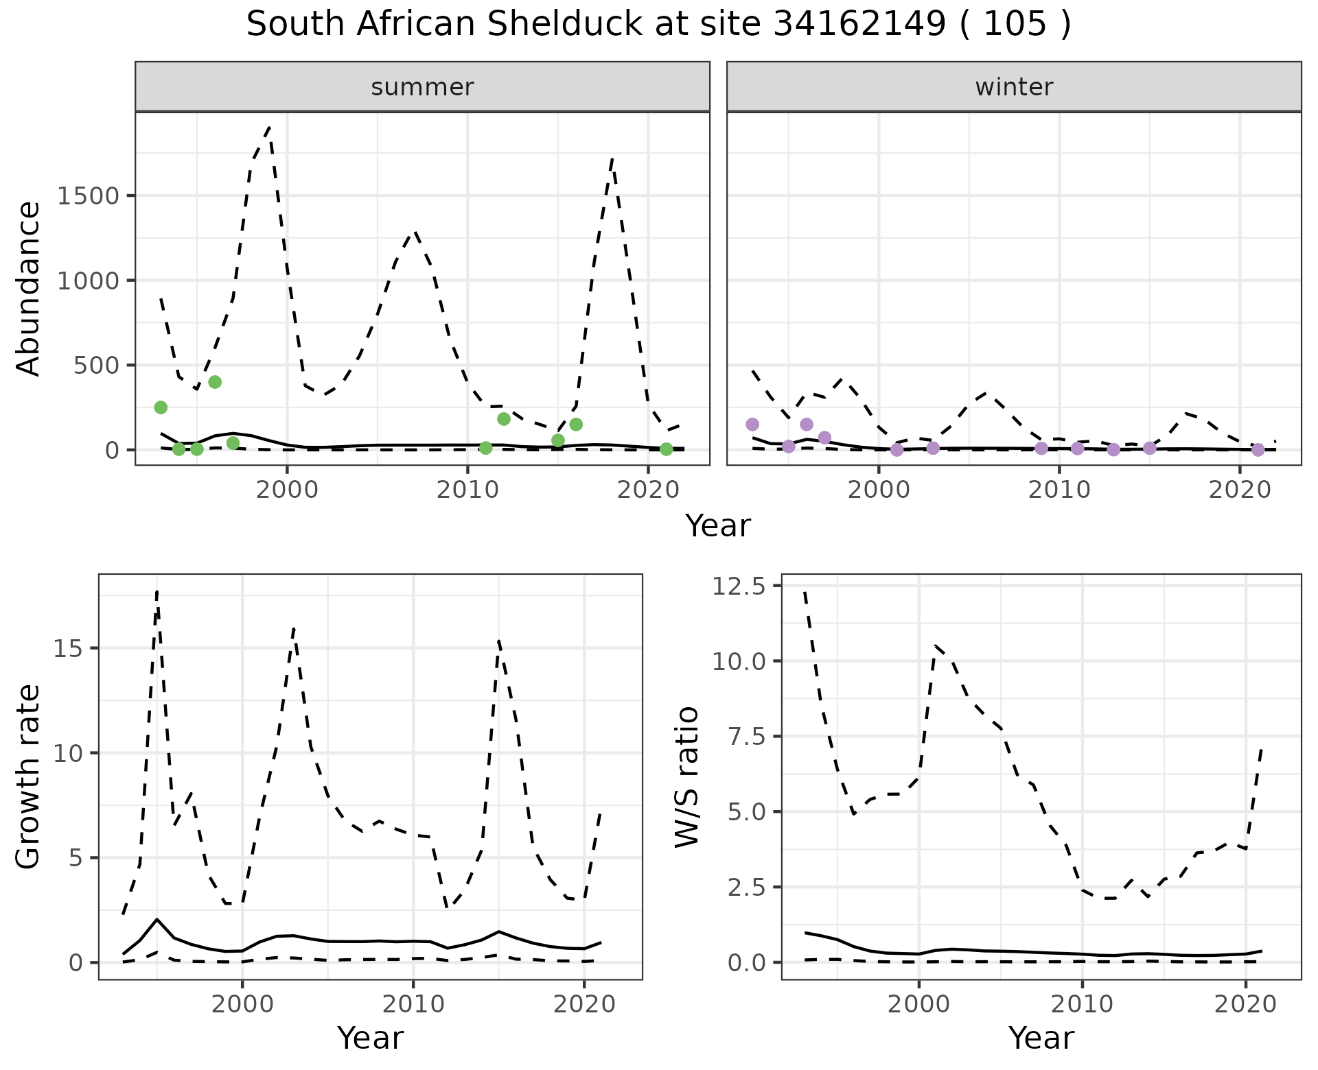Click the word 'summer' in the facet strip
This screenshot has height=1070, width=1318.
coord(422,87)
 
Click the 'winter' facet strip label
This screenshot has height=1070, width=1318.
coord(1014,87)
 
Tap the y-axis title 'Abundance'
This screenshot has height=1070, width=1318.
coord(28,288)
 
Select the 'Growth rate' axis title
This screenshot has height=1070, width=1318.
coord(28,776)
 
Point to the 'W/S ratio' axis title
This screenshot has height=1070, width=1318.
coord(686,776)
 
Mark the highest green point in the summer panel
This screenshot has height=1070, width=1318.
coord(215,382)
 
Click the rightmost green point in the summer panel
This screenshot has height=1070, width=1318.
coord(666,449)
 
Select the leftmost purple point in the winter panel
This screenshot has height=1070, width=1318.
coord(752,425)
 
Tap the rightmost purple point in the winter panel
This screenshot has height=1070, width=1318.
coord(1258,450)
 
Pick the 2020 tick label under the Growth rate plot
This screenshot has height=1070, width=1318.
coord(583,1004)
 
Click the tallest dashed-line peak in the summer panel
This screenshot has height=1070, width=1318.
coord(269,128)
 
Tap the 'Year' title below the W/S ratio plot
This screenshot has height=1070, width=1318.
coord(1041,1038)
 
